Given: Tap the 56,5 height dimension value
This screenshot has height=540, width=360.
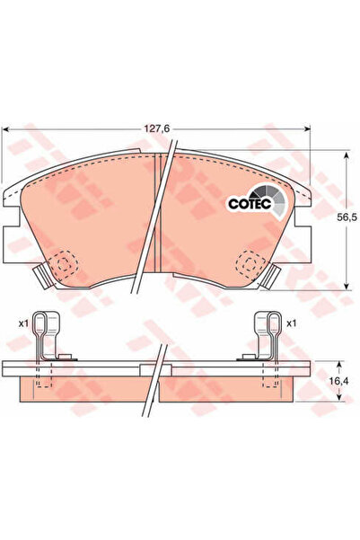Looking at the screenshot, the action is coord(347,217).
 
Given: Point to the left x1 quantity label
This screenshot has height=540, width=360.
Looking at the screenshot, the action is coord(23,323).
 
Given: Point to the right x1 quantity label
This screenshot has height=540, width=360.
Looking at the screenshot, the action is coord(291,323).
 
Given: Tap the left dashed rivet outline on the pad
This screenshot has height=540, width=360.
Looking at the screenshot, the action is coord(63,264).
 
